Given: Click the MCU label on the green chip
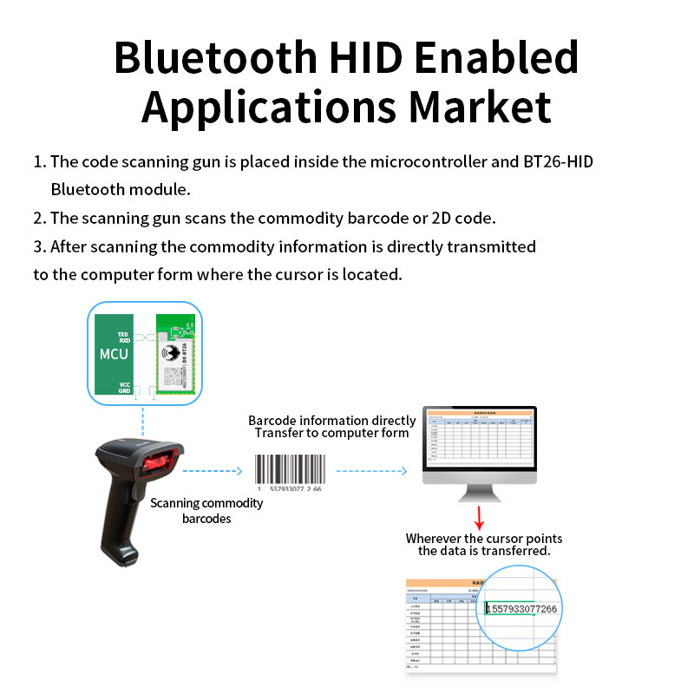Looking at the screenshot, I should pyautogui.click(x=113, y=354).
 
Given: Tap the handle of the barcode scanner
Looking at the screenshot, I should pyautogui.click(x=121, y=529).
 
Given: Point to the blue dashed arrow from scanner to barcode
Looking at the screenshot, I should pyautogui.click(x=212, y=472).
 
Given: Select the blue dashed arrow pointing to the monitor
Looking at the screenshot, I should pyautogui.click(x=371, y=472).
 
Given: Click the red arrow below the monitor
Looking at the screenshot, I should pyautogui.click(x=478, y=518).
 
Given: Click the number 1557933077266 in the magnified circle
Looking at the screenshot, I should pyautogui.click(x=521, y=609).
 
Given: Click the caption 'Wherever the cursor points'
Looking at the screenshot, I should pyautogui.click(x=483, y=539).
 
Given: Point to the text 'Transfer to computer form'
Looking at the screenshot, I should pyautogui.click(x=332, y=433).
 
